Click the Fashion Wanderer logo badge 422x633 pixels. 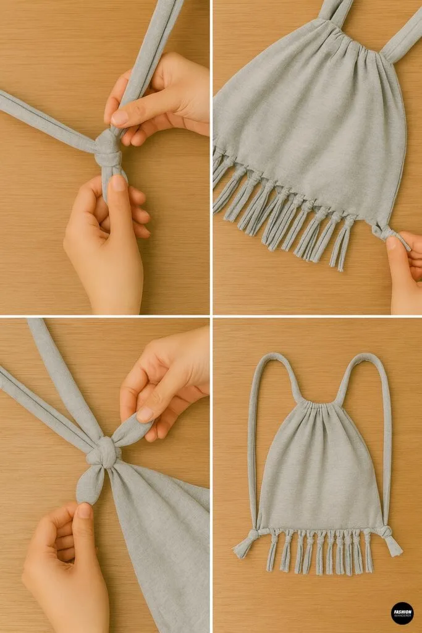tap(402, 613)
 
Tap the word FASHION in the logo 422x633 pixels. tap(402, 610)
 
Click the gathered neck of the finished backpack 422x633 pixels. tap(319, 406)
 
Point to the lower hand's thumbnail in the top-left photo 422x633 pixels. tap(118, 184)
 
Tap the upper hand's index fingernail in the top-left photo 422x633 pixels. tap(119, 117)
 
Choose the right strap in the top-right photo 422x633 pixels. tap(402, 37)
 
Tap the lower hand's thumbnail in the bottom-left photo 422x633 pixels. tap(83, 511)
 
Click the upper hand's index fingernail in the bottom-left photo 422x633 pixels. tap(145, 414)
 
